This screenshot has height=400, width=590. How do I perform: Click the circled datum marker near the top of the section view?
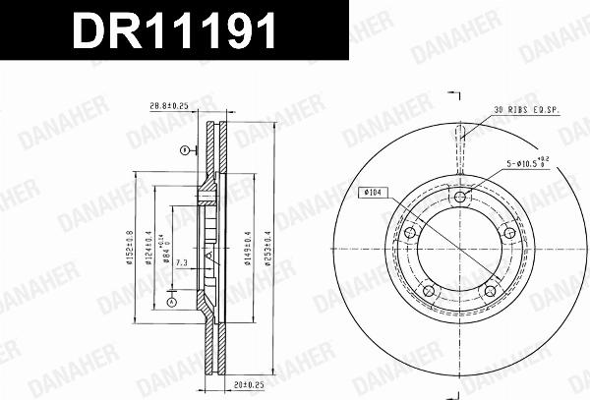tap(184, 149)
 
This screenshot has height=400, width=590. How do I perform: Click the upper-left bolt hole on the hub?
tap(410, 233)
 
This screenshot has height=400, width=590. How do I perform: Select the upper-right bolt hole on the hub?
tap(508, 233)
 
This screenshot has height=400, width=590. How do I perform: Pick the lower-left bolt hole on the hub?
tap(429, 291)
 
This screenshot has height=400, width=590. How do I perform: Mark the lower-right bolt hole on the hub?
tap(490, 291)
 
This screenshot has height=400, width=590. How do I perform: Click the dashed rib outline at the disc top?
tap(459, 143)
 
